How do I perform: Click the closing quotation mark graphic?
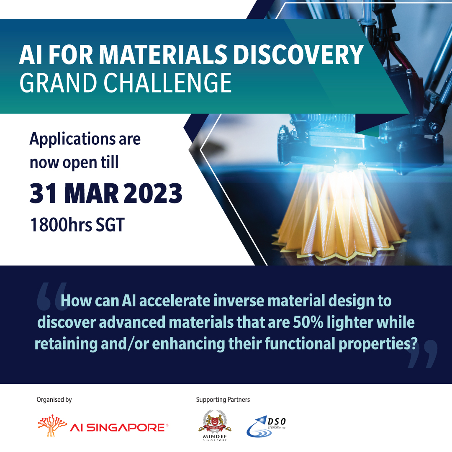click(x=422, y=354)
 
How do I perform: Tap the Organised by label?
click(x=54, y=400)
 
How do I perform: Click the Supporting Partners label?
click(x=223, y=400)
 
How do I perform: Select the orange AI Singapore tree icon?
click(x=52, y=427)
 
